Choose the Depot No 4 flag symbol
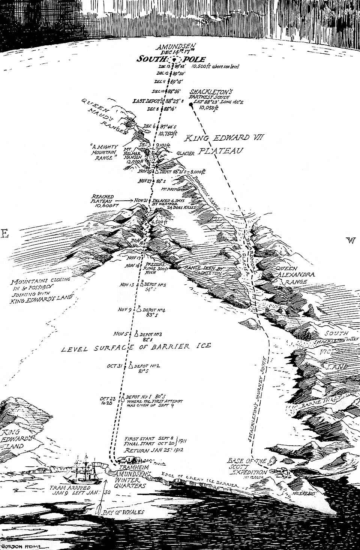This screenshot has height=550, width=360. click(138, 309)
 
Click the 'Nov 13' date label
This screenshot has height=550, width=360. click(127, 285)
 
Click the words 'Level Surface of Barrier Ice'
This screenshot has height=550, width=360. click(135, 347)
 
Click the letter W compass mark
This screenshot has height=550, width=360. click(352, 240)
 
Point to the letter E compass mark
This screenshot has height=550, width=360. click(4, 234)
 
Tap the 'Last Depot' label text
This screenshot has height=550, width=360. click(146, 101)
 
